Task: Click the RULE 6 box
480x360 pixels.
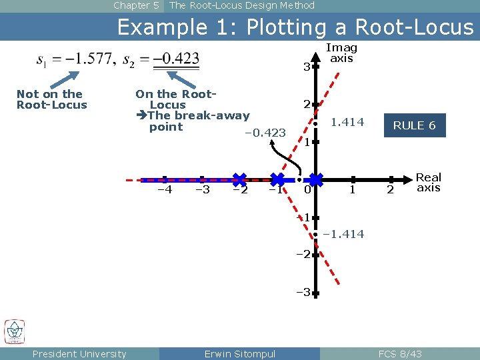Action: pos(414,125)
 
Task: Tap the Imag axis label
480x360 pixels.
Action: pos(341,53)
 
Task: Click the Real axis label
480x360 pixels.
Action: pos(429,182)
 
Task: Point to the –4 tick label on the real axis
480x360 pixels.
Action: pos(164,190)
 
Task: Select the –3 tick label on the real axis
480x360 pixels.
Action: pos(203,190)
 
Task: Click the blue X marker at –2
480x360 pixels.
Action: pos(239,179)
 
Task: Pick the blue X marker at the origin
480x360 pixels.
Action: pos(315,179)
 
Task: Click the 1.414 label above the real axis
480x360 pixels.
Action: pos(347,122)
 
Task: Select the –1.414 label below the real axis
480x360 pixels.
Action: pos(343,234)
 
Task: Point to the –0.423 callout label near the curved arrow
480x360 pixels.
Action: pos(265,133)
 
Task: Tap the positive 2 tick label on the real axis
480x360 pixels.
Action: pos(391,191)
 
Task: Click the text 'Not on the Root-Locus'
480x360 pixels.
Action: pos(51,99)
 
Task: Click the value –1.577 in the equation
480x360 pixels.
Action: pos(86,59)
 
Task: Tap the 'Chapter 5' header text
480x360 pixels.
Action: pos(136,5)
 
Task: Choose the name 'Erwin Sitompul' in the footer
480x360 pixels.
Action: pos(239,354)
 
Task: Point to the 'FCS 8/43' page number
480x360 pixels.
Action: pos(400,354)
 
